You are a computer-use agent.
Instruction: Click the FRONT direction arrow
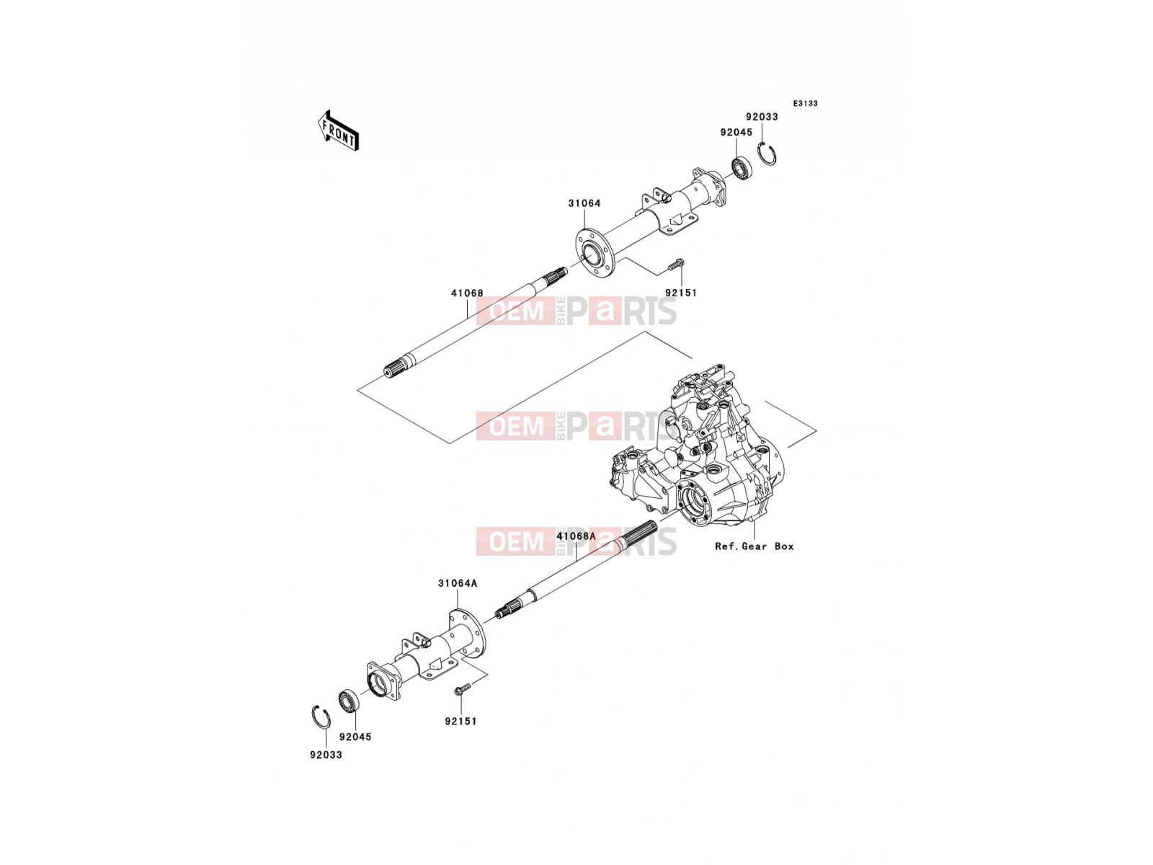(338, 131)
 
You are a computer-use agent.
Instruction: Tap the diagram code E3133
(805, 104)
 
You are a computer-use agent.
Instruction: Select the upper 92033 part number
(762, 117)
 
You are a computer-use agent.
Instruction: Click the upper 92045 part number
(736, 133)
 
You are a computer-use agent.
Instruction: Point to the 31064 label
(584, 203)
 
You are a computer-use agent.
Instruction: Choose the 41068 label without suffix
(467, 293)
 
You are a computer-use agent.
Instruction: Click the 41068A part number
(576, 536)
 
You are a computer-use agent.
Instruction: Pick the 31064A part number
(458, 583)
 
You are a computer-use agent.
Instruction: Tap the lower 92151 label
(460, 722)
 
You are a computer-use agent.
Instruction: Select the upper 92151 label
(681, 293)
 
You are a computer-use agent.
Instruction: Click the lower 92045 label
(355, 737)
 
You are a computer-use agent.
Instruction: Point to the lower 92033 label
(326, 755)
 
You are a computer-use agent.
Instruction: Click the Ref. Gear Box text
(754, 546)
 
